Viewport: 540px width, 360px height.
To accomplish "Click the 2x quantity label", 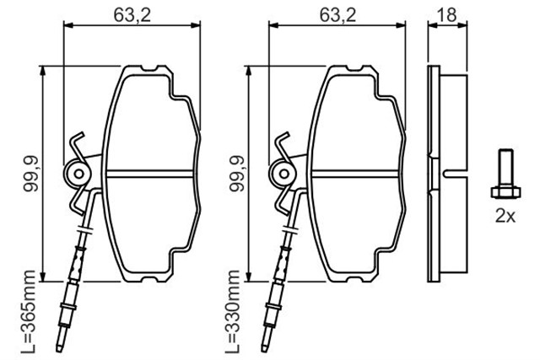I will [x=505, y=215].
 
